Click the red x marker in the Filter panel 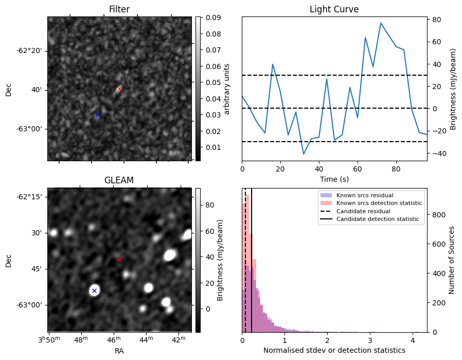(119, 89)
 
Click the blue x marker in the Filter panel (98, 114)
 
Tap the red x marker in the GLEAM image (120, 260)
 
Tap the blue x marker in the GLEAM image (94, 291)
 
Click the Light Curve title (334, 9)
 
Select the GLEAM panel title (119, 180)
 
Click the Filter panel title (119, 9)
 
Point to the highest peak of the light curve (381, 23)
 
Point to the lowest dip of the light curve (304, 154)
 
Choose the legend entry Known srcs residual (364, 195)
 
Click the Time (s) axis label (334, 178)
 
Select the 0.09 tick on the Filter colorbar (213, 18)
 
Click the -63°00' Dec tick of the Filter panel (30, 129)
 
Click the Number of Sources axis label (452, 260)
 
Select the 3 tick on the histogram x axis (370, 340)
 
